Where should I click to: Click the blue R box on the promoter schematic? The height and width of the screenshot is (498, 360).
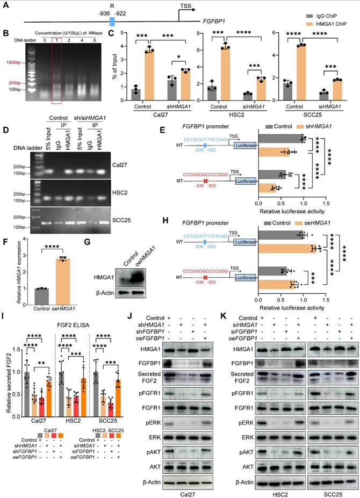112,21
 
